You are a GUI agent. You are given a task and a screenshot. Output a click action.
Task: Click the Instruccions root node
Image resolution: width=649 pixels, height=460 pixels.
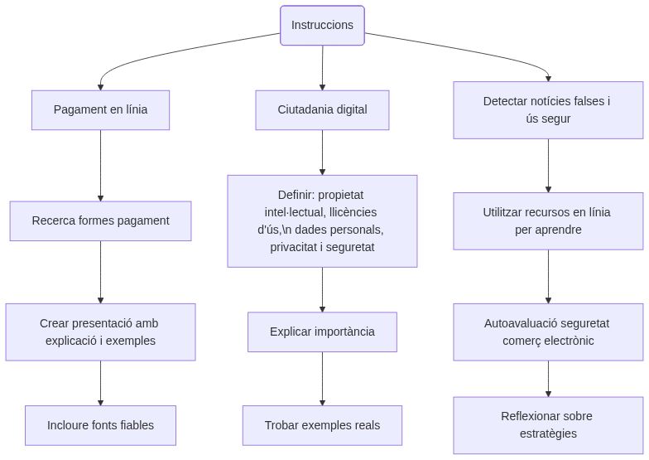click(322, 26)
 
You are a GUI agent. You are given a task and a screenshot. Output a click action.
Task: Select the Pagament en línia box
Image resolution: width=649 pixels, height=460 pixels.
click(100, 110)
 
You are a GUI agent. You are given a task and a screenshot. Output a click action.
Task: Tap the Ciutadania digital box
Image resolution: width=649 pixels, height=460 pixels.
click(322, 110)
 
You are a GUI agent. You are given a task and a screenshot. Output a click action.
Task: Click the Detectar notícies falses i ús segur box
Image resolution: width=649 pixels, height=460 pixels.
click(547, 110)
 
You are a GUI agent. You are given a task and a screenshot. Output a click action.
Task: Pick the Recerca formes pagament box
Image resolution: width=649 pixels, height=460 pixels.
click(100, 221)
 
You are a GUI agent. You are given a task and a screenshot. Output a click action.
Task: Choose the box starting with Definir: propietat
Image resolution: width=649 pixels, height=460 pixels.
click(322, 221)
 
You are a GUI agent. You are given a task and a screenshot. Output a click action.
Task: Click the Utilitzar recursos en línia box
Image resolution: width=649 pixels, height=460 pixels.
click(547, 221)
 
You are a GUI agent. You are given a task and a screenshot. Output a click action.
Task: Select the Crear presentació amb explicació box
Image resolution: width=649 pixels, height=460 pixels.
click(100, 332)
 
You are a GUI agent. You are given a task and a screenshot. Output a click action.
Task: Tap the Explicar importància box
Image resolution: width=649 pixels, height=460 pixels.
click(322, 332)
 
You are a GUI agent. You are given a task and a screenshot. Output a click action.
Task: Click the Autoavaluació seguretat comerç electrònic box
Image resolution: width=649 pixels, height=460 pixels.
click(547, 332)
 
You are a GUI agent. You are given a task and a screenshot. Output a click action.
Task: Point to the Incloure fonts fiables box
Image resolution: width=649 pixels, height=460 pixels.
click(100, 426)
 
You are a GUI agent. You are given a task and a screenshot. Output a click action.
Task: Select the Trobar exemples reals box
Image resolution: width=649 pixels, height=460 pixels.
click(322, 426)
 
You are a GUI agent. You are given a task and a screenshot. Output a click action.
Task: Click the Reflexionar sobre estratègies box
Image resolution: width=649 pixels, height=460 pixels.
click(547, 425)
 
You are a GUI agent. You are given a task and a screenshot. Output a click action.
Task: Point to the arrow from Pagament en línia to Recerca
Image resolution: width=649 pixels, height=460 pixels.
click(100, 166)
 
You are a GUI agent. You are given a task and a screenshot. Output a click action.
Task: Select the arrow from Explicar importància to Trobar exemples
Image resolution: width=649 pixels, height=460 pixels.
click(322, 379)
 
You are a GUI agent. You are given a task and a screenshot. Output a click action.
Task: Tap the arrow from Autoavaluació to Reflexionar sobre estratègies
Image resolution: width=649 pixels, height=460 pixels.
click(547, 379)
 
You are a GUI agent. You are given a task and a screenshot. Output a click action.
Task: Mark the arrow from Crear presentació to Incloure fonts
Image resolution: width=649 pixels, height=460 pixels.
click(100, 383)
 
